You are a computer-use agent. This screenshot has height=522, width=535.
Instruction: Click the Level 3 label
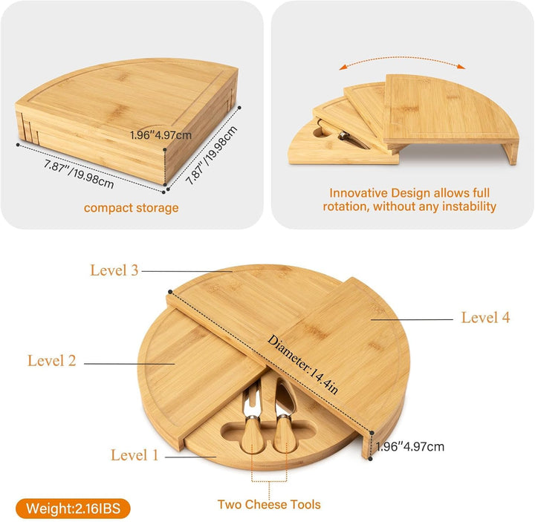tap(114, 270)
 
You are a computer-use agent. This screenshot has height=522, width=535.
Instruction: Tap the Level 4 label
tap(485, 317)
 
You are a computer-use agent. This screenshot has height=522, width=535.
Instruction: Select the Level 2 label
tap(51, 361)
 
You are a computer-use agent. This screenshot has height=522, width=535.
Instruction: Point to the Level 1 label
tap(134, 455)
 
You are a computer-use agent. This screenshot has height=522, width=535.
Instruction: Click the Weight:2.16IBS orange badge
tap(73, 509)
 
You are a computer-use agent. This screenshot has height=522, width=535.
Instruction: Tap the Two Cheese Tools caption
tap(269, 504)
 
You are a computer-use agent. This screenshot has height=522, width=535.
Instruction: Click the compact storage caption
tap(131, 208)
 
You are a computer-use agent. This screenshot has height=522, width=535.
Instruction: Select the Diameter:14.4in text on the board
tap(303, 365)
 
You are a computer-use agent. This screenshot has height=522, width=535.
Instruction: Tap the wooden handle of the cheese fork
tap(252, 434)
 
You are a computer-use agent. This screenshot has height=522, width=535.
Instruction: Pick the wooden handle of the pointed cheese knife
tap(284, 433)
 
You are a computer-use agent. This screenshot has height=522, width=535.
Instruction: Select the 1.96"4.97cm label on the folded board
tap(160, 135)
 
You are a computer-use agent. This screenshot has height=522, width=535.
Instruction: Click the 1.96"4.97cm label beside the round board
tap(409, 447)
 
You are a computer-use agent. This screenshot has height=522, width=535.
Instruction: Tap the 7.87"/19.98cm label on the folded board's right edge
tap(212, 155)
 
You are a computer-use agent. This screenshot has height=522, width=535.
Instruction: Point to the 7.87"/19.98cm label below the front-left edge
tap(79, 174)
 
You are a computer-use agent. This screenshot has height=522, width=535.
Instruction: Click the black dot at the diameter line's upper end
tap(170, 292)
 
